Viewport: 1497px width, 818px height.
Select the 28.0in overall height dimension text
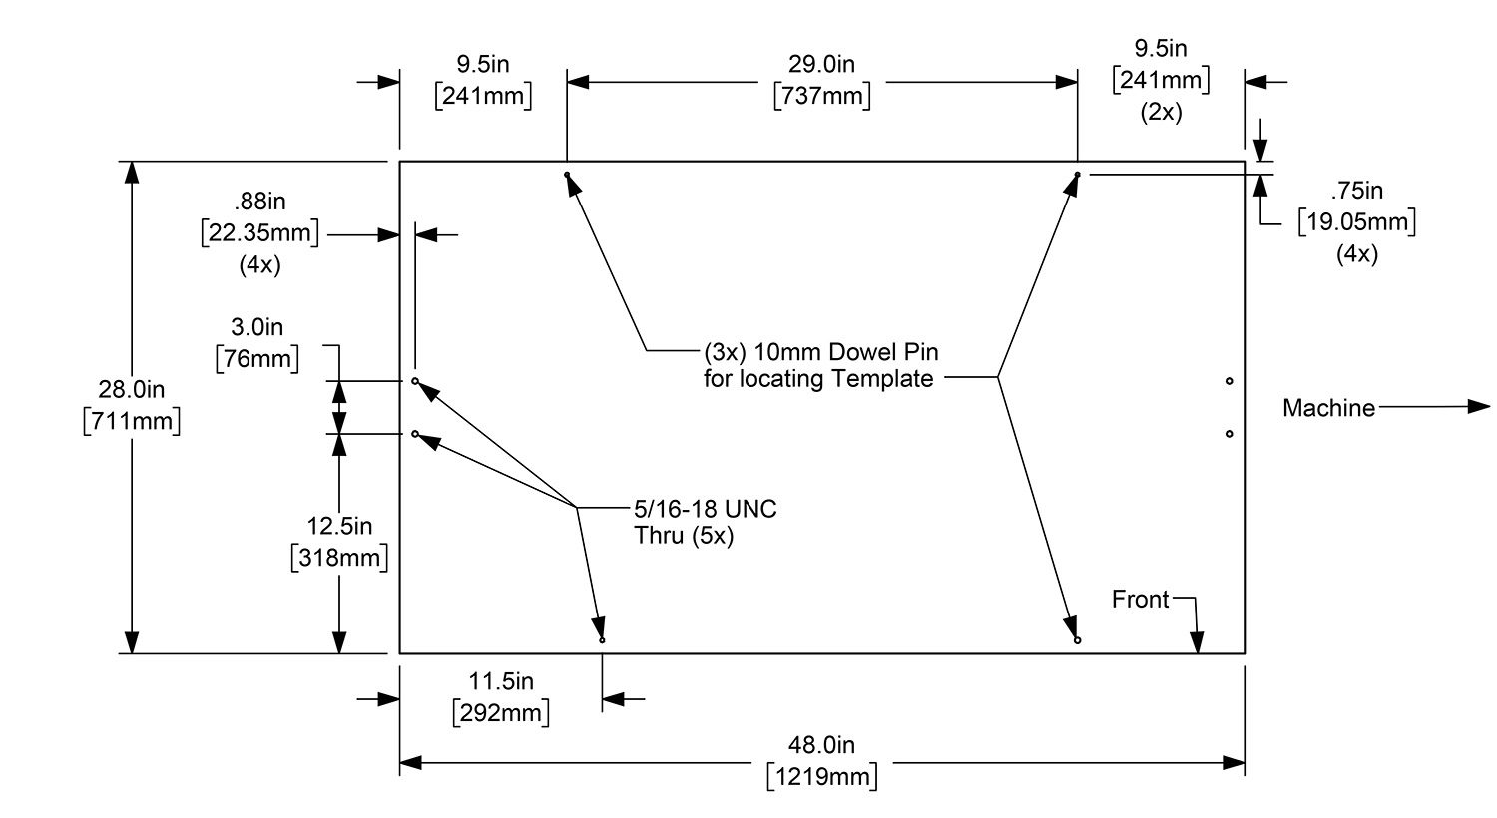[x=132, y=388]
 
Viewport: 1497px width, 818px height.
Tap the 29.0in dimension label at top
[x=822, y=65]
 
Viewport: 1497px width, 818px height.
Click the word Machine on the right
[x=1328, y=408]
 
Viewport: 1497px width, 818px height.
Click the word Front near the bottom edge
[x=1140, y=599]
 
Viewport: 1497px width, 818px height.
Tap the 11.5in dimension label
[x=502, y=682]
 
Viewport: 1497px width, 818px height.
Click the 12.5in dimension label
[x=339, y=526]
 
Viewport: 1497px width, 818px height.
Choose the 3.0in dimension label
[x=257, y=327]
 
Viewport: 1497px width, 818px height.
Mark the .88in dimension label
[x=259, y=202]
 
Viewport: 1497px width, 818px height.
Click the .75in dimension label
[x=1357, y=190]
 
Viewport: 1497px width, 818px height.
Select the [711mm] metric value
[x=132, y=421]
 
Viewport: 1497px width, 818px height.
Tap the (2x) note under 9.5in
[x=1161, y=113]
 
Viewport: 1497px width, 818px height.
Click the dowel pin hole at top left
[x=567, y=175]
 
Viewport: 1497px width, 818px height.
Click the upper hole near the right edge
[x=1229, y=381]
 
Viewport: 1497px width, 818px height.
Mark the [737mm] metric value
[x=822, y=97]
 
